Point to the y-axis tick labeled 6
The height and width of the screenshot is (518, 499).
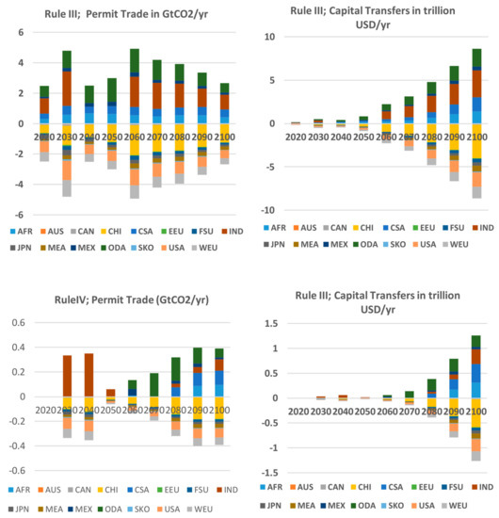pyautogui.click(x=19, y=32)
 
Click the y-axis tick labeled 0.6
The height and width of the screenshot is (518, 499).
pyautogui.click(x=16, y=322)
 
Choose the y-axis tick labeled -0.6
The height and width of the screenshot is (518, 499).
pyautogui.click(x=14, y=470)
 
